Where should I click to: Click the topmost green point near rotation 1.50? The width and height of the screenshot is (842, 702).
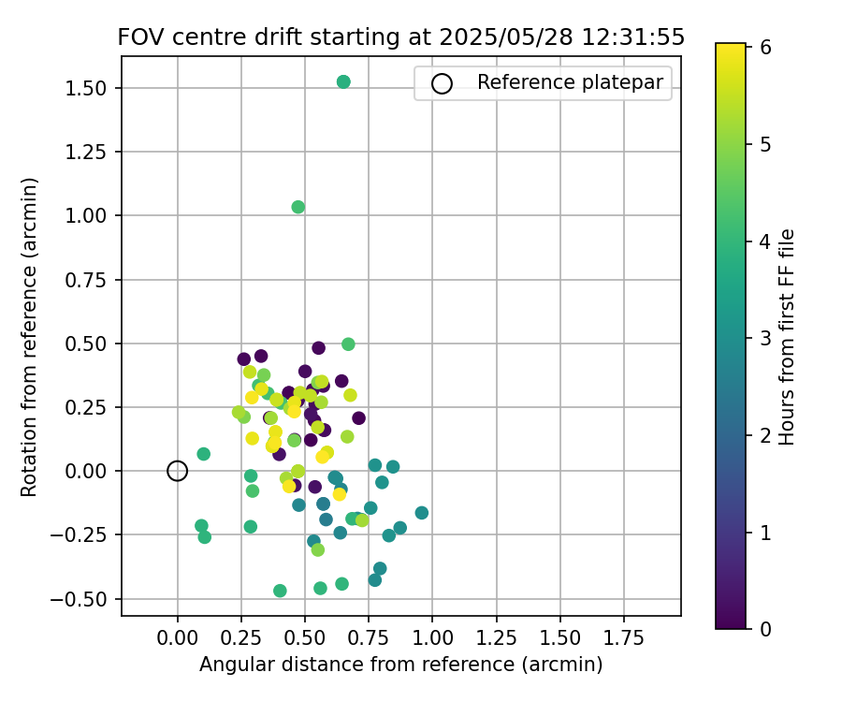(343, 82)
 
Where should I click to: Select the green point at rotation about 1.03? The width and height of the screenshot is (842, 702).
(298, 207)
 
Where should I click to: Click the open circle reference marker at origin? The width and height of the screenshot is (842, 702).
(178, 471)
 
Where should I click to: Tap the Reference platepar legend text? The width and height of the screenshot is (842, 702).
(570, 82)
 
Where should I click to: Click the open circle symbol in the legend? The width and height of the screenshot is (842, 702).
(442, 83)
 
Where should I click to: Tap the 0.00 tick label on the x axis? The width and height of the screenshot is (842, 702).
(178, 638)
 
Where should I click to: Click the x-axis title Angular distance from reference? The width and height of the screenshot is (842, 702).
(400, 665)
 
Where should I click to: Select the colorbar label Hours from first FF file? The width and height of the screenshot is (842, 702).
(787, 337)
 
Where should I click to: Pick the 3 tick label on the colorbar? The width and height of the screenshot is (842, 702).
(765, 337)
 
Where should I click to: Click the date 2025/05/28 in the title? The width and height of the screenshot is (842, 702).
(496, 37)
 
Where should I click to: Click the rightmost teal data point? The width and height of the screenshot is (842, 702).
(422, 513)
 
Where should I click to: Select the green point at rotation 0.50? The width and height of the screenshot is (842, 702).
(348, 344)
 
